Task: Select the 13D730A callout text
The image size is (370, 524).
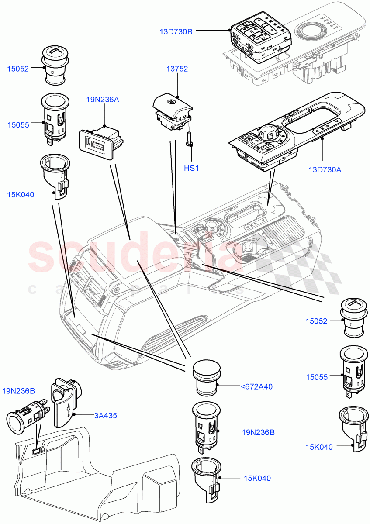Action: point(325,170)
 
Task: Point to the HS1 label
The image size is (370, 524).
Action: point(191,168)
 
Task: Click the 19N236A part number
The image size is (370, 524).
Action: point(103,99)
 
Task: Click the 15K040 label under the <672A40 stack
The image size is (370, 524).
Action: point(257,478)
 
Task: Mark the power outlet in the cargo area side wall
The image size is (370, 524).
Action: point(38,448)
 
